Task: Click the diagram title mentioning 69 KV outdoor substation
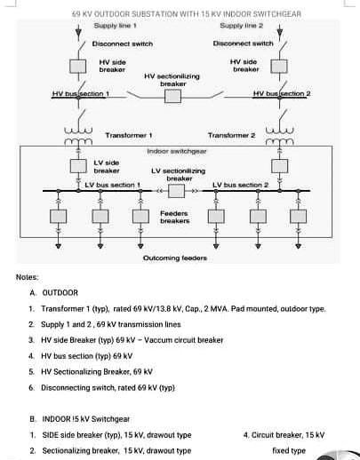[186, 14]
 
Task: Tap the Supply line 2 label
[238, 28]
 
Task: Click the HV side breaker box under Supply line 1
[80, 67]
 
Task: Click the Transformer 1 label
[130, 135]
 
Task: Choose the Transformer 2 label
[231, 135]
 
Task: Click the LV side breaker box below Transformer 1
[80, 165]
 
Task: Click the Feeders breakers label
[174, 217]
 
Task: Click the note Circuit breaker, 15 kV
[283, 435]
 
